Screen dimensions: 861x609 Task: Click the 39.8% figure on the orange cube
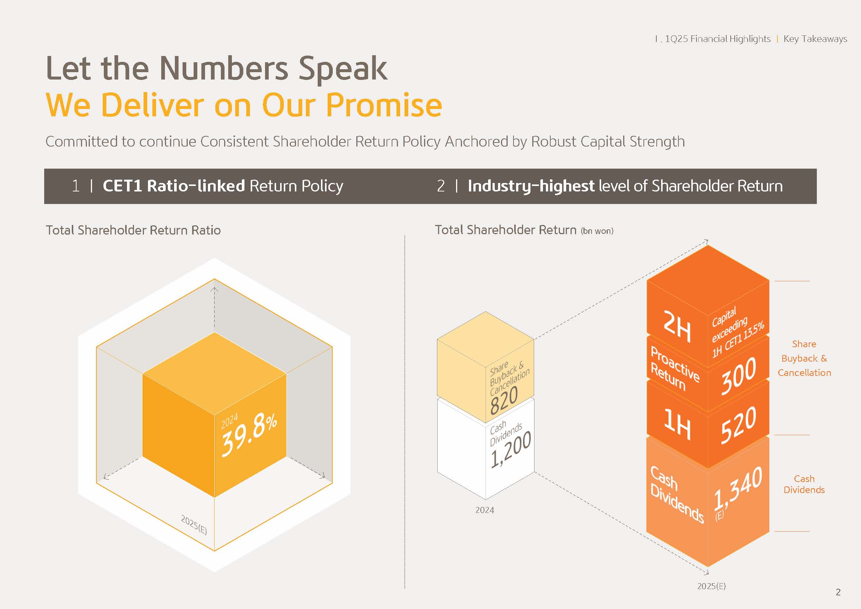pyautogui.click(x=249, y=435)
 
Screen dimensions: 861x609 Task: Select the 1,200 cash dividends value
pyautogui.click(x=511, y=449)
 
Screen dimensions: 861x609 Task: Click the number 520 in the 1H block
pyautogui.click(x=738, y=425)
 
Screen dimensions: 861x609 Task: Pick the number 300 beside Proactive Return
pyautogui.click(x=738, y=376)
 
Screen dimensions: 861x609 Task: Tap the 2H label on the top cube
pyautogui.click(x=677, y=326)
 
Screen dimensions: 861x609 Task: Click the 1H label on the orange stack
pyautogui.click(x=677, y=424)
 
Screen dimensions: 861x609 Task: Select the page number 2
pyautogui.click(x=838, y=592)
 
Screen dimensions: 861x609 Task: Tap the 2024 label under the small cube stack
pyautogui.click(x=484, y=510)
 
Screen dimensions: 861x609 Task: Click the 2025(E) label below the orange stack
pyautogui.click(x=712, y=586)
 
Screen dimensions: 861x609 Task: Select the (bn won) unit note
pyautogui.click(x=597, y=231)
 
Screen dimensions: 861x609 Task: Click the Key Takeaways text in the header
pyautogui.click(x=815, y=39)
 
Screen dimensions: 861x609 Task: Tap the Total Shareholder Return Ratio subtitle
pyautogui.click(x=133, y=230)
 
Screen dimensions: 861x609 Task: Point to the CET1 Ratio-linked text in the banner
pyautogui.click(x=174, y=186)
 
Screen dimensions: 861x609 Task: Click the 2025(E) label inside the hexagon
pyautogui.click(x=194, y=525)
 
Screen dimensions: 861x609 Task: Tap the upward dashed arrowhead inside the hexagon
pyautogui.click(x=214, y=289)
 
